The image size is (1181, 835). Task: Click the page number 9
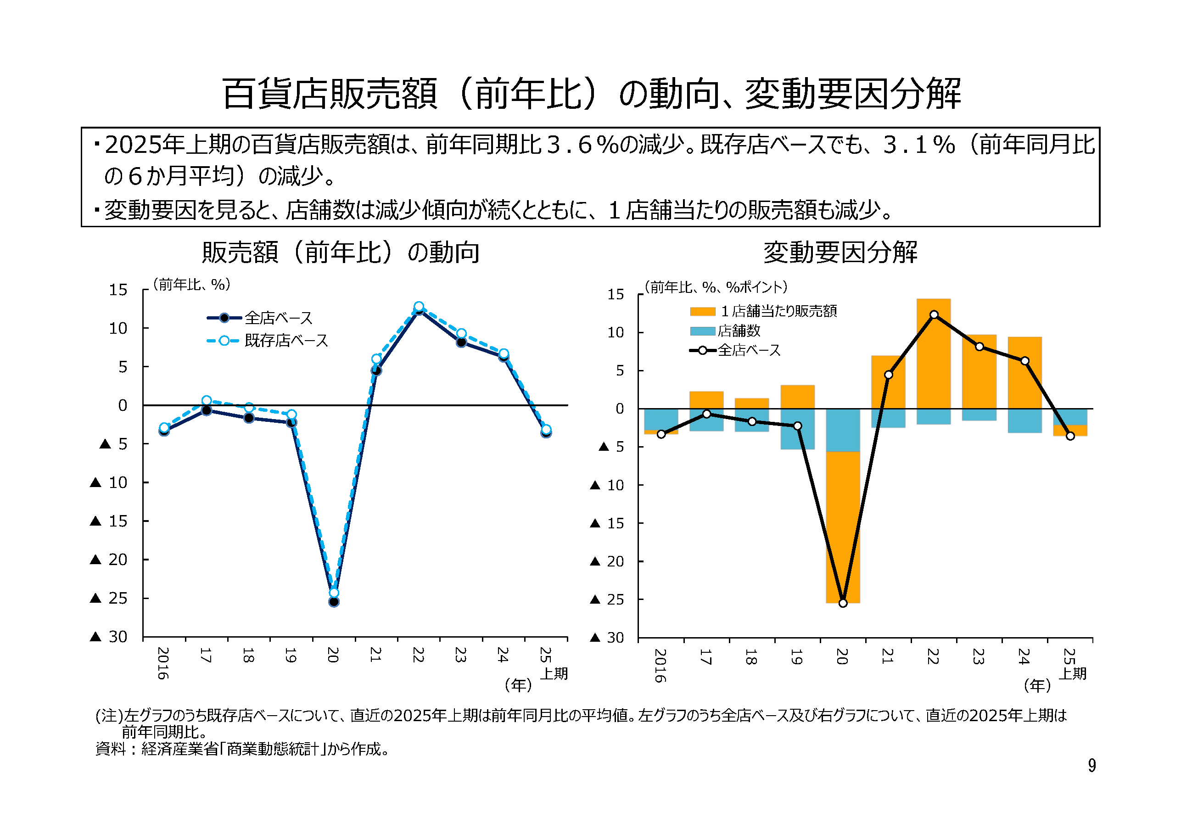(1091, 766)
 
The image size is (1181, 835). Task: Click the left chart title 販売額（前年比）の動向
(341, 252)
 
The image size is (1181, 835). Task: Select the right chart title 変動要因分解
(840, 252)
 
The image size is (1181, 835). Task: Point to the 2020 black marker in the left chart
(334, 601)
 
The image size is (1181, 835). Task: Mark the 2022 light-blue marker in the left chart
(419, 306)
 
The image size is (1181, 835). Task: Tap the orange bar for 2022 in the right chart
(934, 355)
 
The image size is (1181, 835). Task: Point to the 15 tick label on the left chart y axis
(118, 290)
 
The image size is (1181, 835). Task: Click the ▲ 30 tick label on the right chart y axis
(607, 638)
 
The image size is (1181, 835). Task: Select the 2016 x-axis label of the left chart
(163, 663)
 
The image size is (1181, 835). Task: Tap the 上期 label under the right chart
(1074, 673)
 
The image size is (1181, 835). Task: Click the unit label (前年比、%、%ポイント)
(716, 287)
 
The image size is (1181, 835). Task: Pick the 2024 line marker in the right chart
(1024, 361)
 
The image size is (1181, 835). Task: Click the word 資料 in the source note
(110, 749)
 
